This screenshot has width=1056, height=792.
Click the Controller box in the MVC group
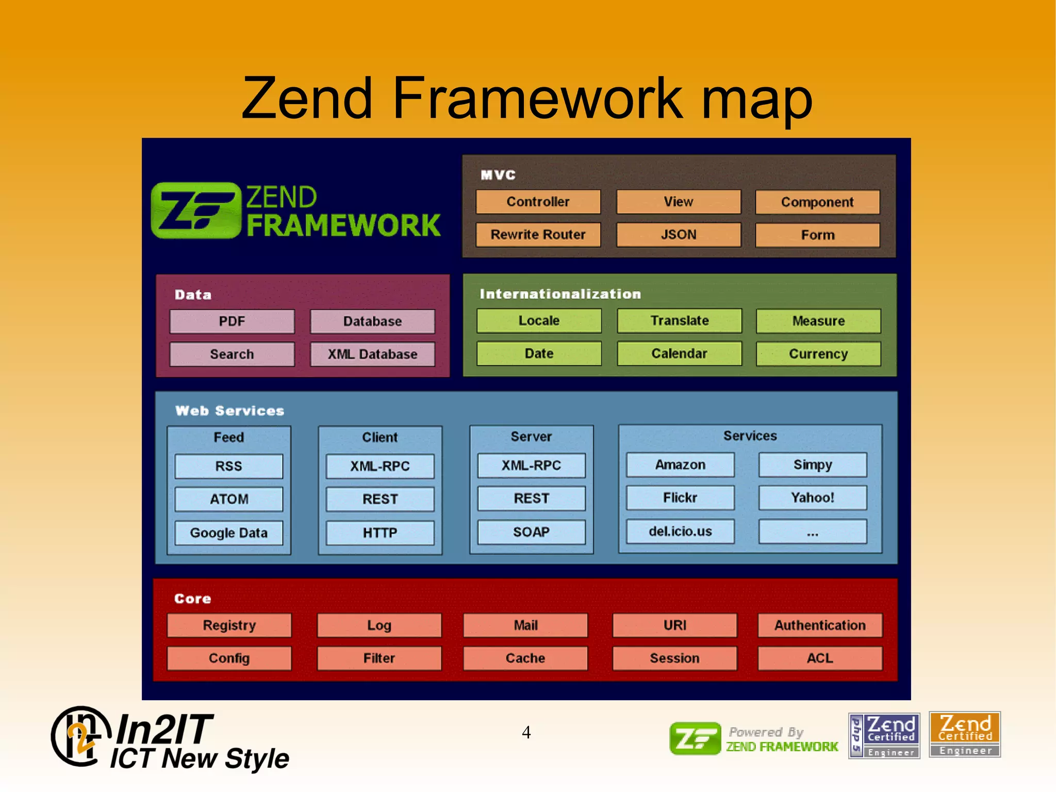click(538, 202)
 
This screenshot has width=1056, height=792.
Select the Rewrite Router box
click(538, 235)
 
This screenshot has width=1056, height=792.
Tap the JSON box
click(679, 235)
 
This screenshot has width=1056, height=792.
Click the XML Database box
click(372, 354)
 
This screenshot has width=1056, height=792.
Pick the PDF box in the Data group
click(232, 321)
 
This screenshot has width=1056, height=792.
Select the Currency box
click(818, 354)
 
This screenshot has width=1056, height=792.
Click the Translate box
click(679, 321)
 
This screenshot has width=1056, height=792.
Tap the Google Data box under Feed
click(229, 533)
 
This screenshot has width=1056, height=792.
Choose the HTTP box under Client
click(380, 533)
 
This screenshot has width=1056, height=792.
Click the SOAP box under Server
click(531, 532)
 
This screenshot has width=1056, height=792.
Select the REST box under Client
click(380, 499)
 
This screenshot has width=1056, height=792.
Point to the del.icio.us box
click(680, 531)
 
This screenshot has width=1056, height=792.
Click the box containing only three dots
click(813, 532)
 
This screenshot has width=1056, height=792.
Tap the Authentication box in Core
click(820, 625)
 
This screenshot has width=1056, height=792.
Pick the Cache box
click(525, 658)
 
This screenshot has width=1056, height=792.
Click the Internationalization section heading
click(560, 294)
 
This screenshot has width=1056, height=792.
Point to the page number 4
click(526, 732)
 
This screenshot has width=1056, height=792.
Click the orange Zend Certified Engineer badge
click(965, 735)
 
